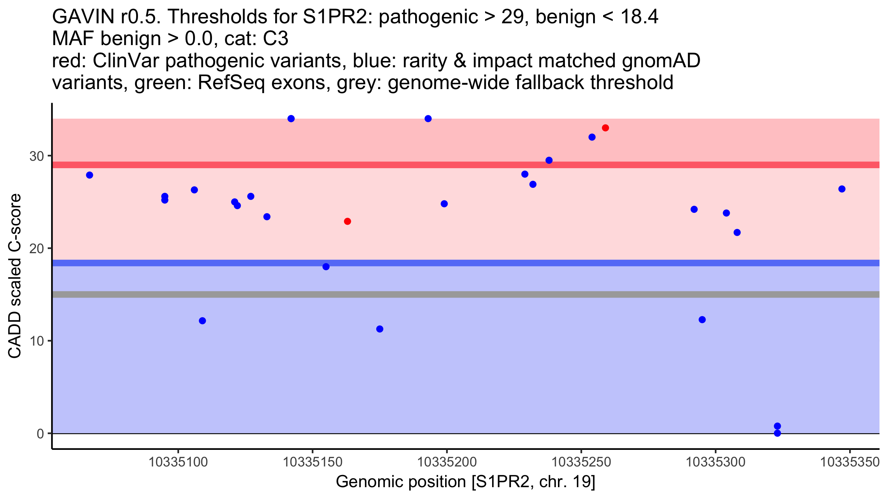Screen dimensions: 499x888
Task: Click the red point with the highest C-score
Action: click(605, 128)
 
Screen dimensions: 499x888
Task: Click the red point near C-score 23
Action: click(347, 221)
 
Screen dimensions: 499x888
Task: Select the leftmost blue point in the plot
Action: click(90, 175)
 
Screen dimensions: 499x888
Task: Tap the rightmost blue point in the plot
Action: click(842, 189)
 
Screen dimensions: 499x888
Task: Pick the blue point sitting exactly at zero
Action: click(777, 433)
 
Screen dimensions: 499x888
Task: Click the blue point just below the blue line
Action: click(326, 267)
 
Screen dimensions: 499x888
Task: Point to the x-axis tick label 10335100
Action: click(178, 462)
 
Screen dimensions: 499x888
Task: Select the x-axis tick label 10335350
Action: click(850, 462)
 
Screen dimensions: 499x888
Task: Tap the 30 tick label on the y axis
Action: click(37, 156)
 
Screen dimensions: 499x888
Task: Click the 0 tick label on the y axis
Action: click(40, 434)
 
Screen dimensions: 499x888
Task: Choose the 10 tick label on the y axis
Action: click(37, 341)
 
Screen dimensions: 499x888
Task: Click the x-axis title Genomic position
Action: click(465, 482)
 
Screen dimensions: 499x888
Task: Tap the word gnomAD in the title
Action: click(661, 61)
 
